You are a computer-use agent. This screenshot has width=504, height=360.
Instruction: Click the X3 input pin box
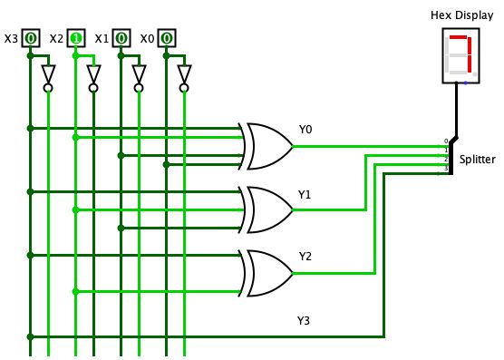(x=31, y=38)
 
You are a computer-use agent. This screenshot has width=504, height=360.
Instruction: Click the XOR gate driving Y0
(x=267, y=146)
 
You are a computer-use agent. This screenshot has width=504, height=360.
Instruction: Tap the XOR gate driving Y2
(x=267, y=273)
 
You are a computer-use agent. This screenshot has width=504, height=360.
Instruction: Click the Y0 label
(x=305, y=130)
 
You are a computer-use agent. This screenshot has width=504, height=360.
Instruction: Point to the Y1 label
(x=305, y=194)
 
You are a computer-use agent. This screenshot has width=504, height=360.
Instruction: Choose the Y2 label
(x=305, y=258)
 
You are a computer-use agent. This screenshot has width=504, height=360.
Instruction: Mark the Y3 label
(x=305, y=320)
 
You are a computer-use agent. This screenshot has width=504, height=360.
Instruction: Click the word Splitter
(x=477, y=159)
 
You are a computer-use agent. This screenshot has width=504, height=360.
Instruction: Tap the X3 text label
(x=10, y=39)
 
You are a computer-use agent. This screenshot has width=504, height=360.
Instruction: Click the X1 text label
(x=102, y=39)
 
